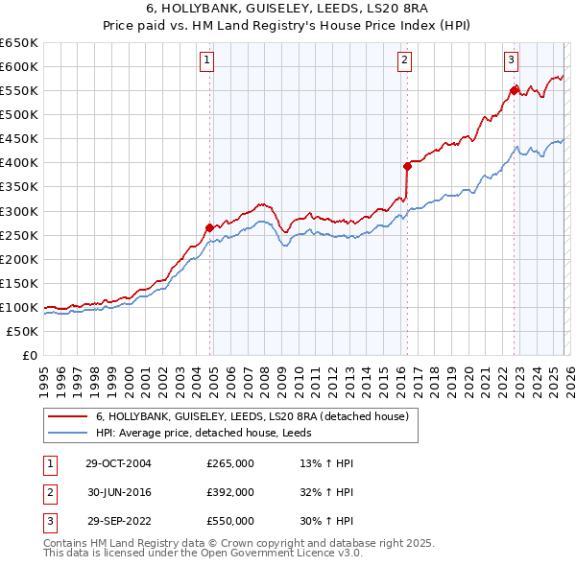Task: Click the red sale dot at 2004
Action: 209,227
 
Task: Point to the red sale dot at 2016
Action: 407,166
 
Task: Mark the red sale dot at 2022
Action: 514,90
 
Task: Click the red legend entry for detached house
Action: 252,416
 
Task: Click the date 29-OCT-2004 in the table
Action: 118,463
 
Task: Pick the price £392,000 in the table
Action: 230,492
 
